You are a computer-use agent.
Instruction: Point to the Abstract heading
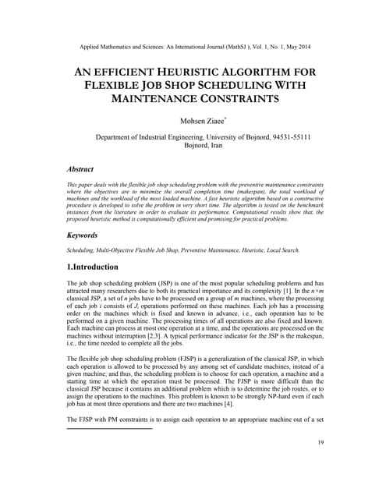tap(80, 168)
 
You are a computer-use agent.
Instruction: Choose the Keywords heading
tap(83, 234)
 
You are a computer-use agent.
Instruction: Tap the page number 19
tap(320, 443)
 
